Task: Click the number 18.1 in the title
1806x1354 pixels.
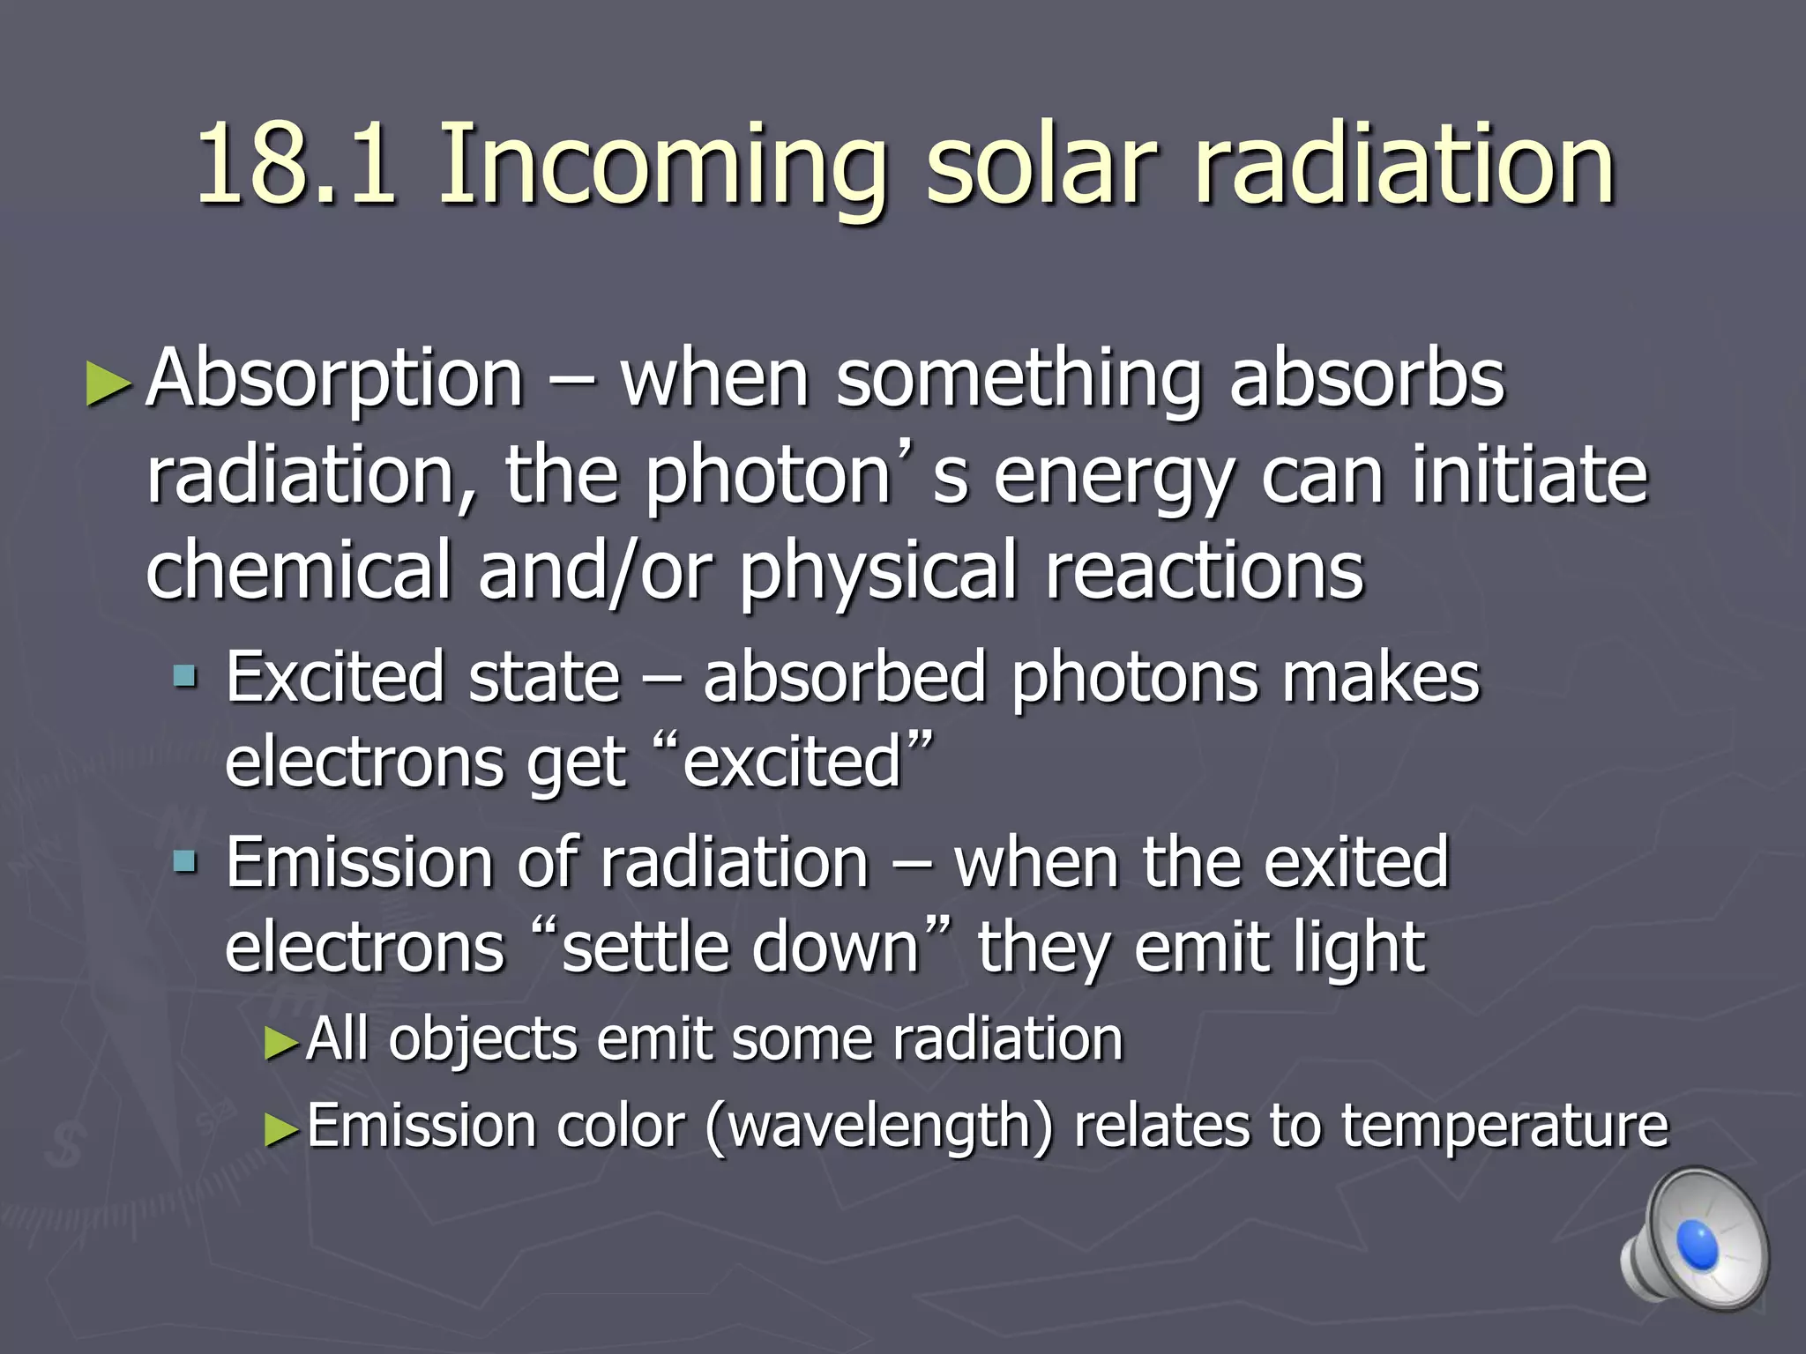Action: click(x=295, y=164)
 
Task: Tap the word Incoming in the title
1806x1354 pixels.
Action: click(x=661, y=167)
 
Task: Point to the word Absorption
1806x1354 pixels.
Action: click(x=335, y=381)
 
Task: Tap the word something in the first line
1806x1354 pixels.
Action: click(x=1019, y=381)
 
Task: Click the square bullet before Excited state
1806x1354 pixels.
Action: click(x=186, y=677)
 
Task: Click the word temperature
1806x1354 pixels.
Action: click(x=1504, y=1128)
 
